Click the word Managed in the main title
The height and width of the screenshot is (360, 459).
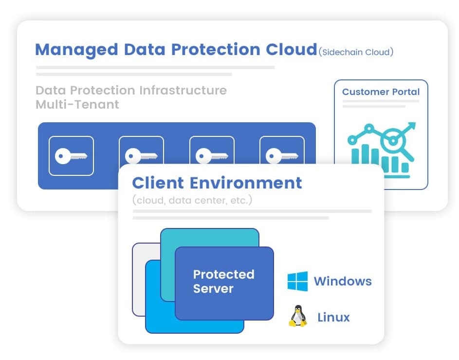(76, 50)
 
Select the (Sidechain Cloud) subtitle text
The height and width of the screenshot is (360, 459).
(356, 52)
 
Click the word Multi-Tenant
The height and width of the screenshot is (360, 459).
(77, 104)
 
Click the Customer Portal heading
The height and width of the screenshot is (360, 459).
(381, 92)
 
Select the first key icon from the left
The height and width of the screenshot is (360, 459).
(71, 156)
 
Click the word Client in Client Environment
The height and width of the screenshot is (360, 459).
(158, 183)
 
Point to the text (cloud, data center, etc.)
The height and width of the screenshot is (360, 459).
(192, 200)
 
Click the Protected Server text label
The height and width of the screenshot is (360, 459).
(223, 281)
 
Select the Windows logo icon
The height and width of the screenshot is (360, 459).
(297, 281)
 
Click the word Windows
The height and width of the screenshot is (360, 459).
(343, 281)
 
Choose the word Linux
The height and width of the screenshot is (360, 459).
(333, 318)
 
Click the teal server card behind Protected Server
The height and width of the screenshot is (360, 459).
(209, 239)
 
